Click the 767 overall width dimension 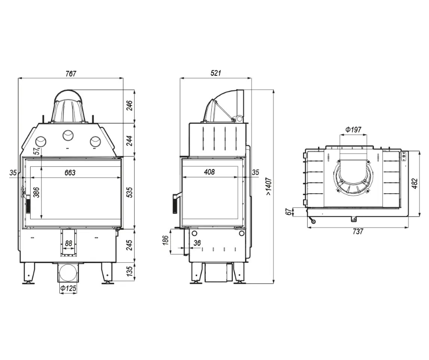click(x=71, y=74)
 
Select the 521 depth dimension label click(x=215, y=73)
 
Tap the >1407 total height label click(x=269, y=186)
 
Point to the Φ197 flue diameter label click(x=353, y=129)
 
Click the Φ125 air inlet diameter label click(x=68, y=288)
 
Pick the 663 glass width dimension click(x=70, y=173)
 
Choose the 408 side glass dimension click(x=209, y=172)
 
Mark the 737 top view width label click(x=358, y=232)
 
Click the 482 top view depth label click(x=415, y=183)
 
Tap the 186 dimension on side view click(x=166, y=240)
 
